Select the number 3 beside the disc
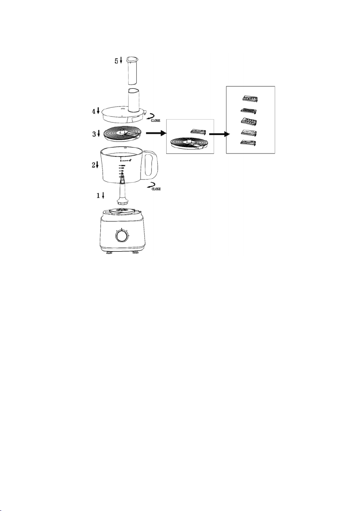[94, 134]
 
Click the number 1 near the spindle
[98, 195]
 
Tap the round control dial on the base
[122, 236]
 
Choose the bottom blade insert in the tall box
[249, 143]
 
